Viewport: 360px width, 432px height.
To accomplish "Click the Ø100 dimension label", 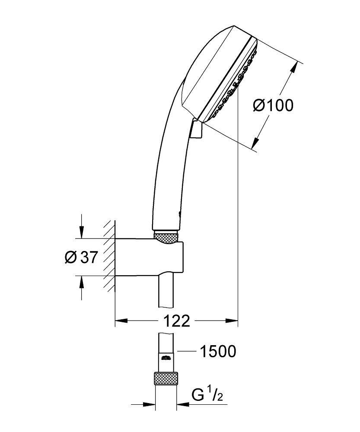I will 273,105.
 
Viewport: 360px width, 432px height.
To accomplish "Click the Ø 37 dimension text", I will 81,257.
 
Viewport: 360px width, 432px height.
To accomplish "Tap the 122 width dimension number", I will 177,321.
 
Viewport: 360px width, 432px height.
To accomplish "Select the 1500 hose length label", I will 217,352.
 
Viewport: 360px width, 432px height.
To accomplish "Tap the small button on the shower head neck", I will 196,130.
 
